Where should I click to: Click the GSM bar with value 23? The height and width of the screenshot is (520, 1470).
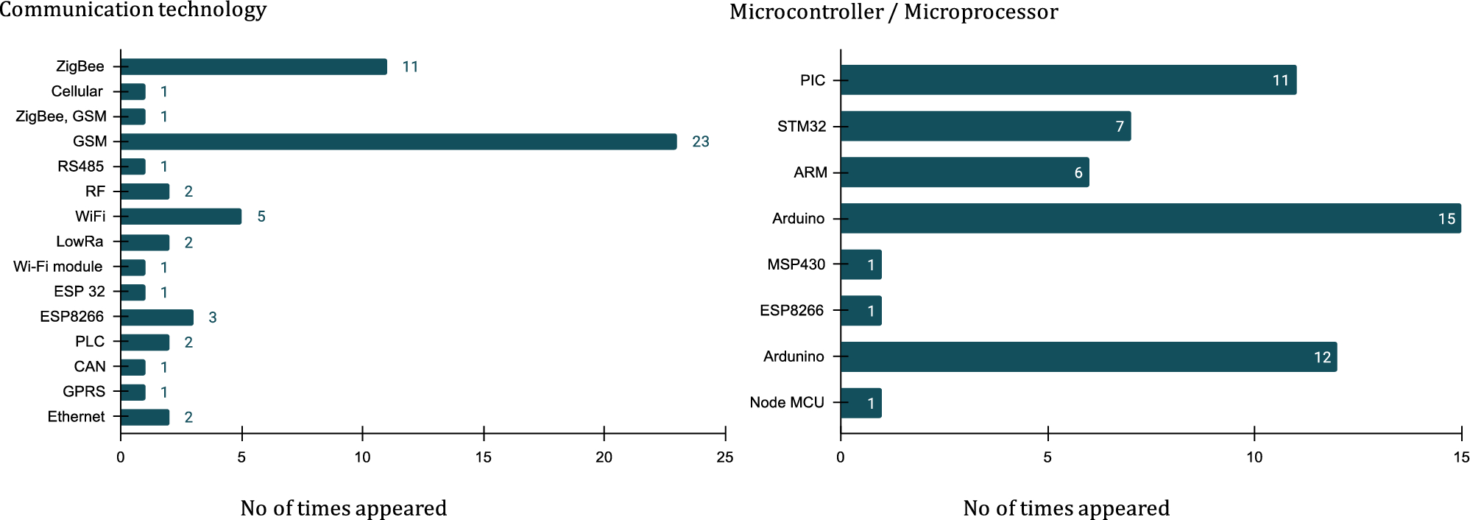[x=397, y=141]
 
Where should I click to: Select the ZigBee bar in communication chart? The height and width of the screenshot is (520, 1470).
[x=254, y=67]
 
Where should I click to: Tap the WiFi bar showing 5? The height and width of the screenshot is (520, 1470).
[x=181, y=217]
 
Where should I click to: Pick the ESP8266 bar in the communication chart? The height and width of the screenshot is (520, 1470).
[x=157, y=317]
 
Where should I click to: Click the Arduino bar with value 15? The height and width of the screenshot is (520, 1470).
[x=1150, y=219]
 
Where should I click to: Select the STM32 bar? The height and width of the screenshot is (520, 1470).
[x=985, y=127]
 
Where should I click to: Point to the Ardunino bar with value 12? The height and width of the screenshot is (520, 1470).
[x=1088, y=357]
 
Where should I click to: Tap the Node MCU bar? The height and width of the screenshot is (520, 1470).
[x=861, y=403]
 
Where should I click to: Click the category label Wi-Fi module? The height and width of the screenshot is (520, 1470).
[x=58, y=267]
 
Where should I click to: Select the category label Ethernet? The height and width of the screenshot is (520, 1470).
[x=76, y=417]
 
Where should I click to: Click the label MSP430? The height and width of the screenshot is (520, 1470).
[x=796, y=264]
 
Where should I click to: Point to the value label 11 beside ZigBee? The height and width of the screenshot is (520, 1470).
[x=410, y=67]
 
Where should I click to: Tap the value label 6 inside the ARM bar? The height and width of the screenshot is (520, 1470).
[x=1078, y=173]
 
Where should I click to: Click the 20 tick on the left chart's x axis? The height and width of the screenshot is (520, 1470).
[x=604, y=457]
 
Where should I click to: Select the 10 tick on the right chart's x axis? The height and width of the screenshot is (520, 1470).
[x=1254, y=457]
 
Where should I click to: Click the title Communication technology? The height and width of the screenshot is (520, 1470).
[x=132, y=10]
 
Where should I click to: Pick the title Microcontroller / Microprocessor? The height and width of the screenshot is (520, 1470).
[x=894, y=12]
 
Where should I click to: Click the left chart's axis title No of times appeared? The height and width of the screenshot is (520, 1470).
[x=343, y=508]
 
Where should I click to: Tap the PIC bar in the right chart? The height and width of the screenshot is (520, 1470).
[x=1067, y=80]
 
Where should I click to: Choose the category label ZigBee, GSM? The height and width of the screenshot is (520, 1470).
[x=61, y=116]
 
